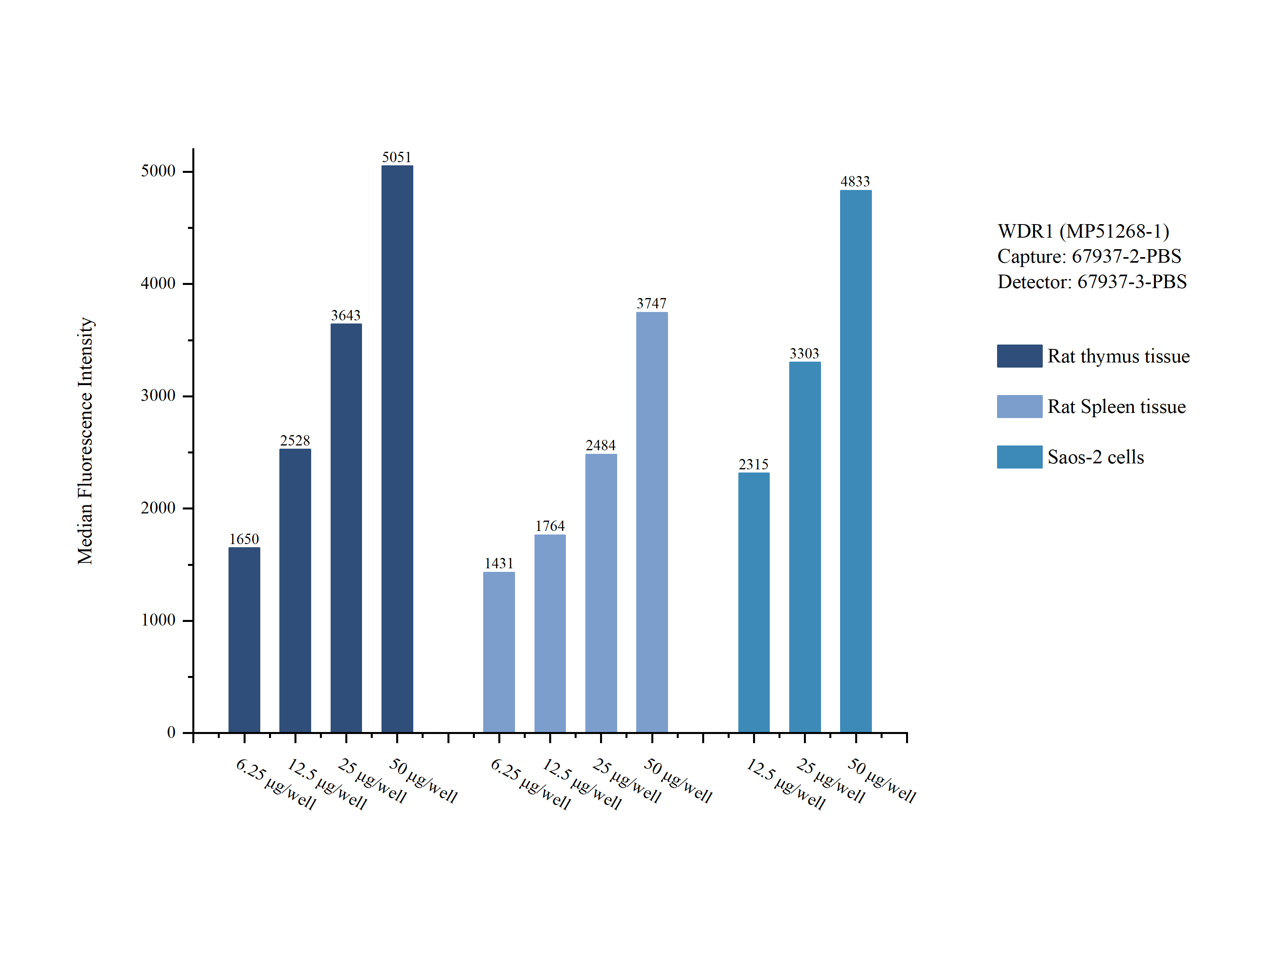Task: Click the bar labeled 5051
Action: pos(397,448)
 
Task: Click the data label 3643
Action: pos(346,316)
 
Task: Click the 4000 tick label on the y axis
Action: pos(158,283)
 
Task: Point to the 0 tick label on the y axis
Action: pos(171,732)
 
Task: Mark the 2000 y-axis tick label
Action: pos(158,508)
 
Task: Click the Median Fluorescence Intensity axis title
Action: pos(85,441)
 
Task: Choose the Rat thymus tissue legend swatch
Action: pos(1019,356)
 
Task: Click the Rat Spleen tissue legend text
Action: pos(1116,406)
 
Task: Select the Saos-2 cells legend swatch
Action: pos(1019,457)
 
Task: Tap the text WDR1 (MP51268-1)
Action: pos(1083,231)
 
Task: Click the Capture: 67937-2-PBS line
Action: pos(1089,256)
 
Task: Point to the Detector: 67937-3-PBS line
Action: pos(1092,282)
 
